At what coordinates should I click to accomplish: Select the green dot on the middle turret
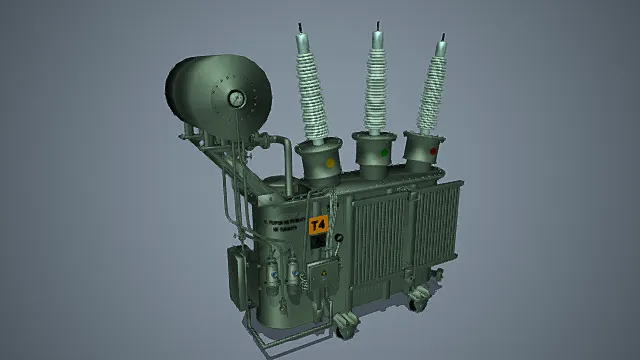(x=386, y=154)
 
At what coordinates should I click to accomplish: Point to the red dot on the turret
(x=433, y=151)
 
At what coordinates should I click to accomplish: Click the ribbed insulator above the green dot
(x=377, y=85)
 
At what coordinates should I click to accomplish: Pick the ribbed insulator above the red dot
(x=435, y=90)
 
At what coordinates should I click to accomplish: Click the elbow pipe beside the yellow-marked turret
(x=285, y=157)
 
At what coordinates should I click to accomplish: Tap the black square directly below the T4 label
(x=318, y=243)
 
